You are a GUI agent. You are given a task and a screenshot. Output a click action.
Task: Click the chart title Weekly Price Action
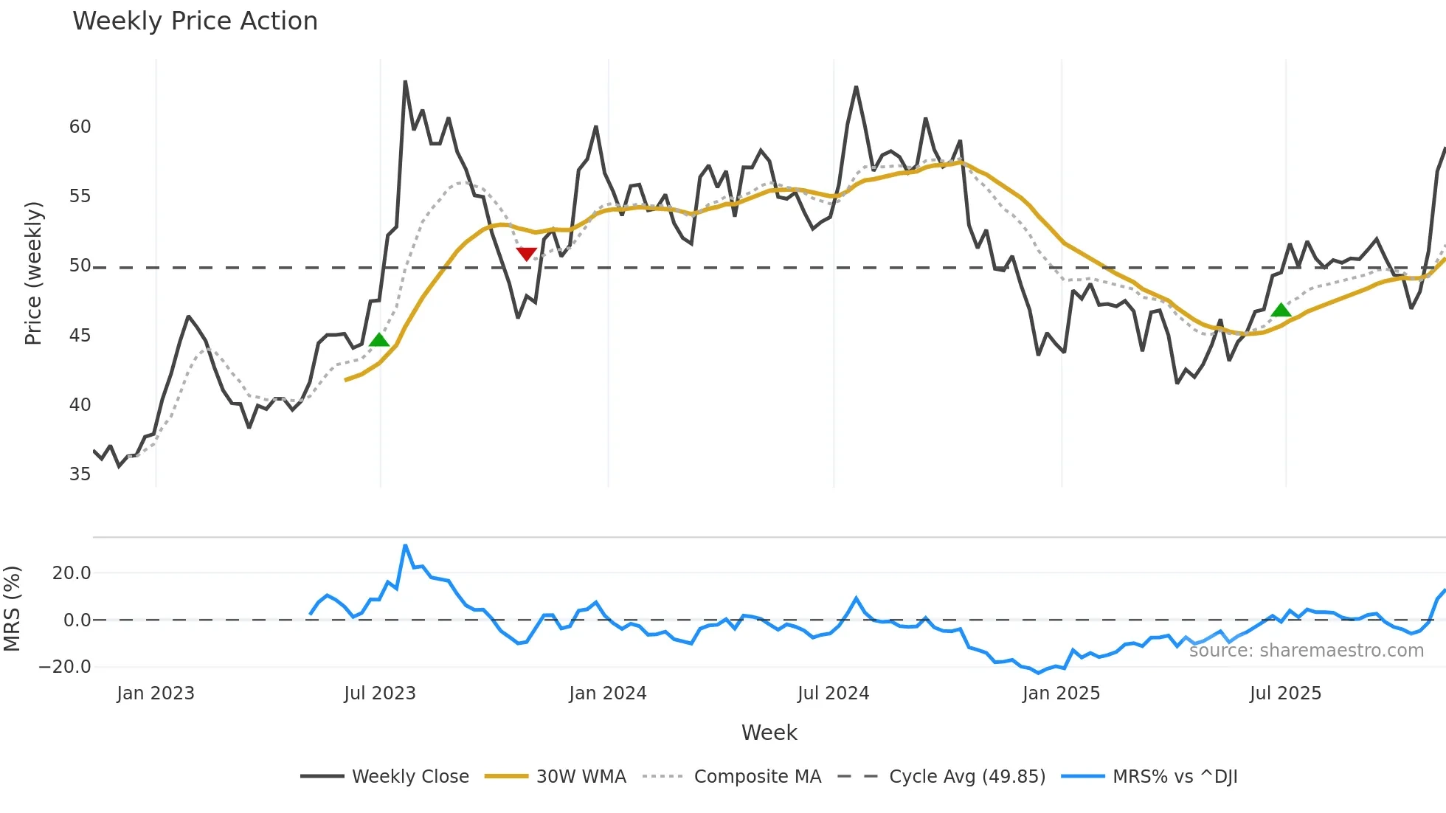[195, 21]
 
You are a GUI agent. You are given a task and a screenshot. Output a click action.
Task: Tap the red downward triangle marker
[526, 255]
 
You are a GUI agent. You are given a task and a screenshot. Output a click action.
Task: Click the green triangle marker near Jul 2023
[378, 340]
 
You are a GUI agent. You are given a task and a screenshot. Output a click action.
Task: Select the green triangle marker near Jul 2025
[1281, 310]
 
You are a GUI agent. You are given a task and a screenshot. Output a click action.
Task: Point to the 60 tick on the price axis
[80, 127]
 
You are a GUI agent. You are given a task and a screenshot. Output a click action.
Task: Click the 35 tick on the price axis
[80, 474]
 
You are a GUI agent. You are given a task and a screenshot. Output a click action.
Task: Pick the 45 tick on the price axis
[80, 336]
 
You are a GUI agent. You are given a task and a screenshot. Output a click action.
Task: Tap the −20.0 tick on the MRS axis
[65, 667]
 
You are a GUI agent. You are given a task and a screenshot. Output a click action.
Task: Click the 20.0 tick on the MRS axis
[71, 573]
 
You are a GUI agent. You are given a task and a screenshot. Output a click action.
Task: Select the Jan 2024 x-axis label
[607, 693]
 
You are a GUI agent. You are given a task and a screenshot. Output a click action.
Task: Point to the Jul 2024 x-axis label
[833, 693]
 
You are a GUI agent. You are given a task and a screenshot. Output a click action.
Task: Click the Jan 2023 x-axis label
[155, 693]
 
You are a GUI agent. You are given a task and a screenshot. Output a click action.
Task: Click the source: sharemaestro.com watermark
[1306, 651]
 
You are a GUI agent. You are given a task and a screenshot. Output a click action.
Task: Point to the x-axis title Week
[769, 733]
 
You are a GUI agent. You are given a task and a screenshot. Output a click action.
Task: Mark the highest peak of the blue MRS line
[405, 546]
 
